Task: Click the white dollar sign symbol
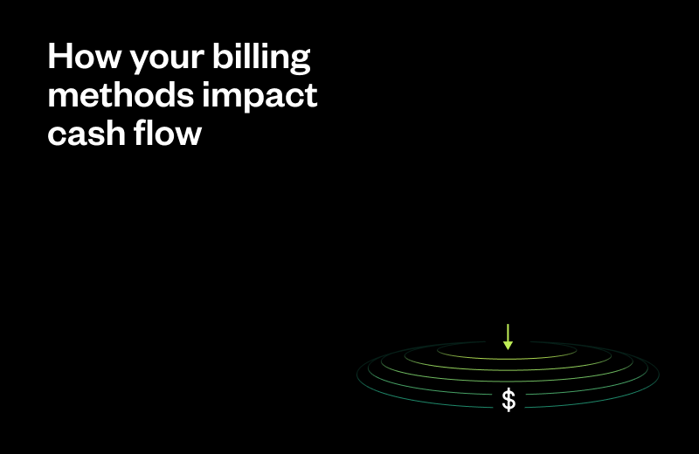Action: pos(509,401)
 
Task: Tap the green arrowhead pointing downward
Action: pos(508,346)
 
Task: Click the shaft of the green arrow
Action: pos(508,333)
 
